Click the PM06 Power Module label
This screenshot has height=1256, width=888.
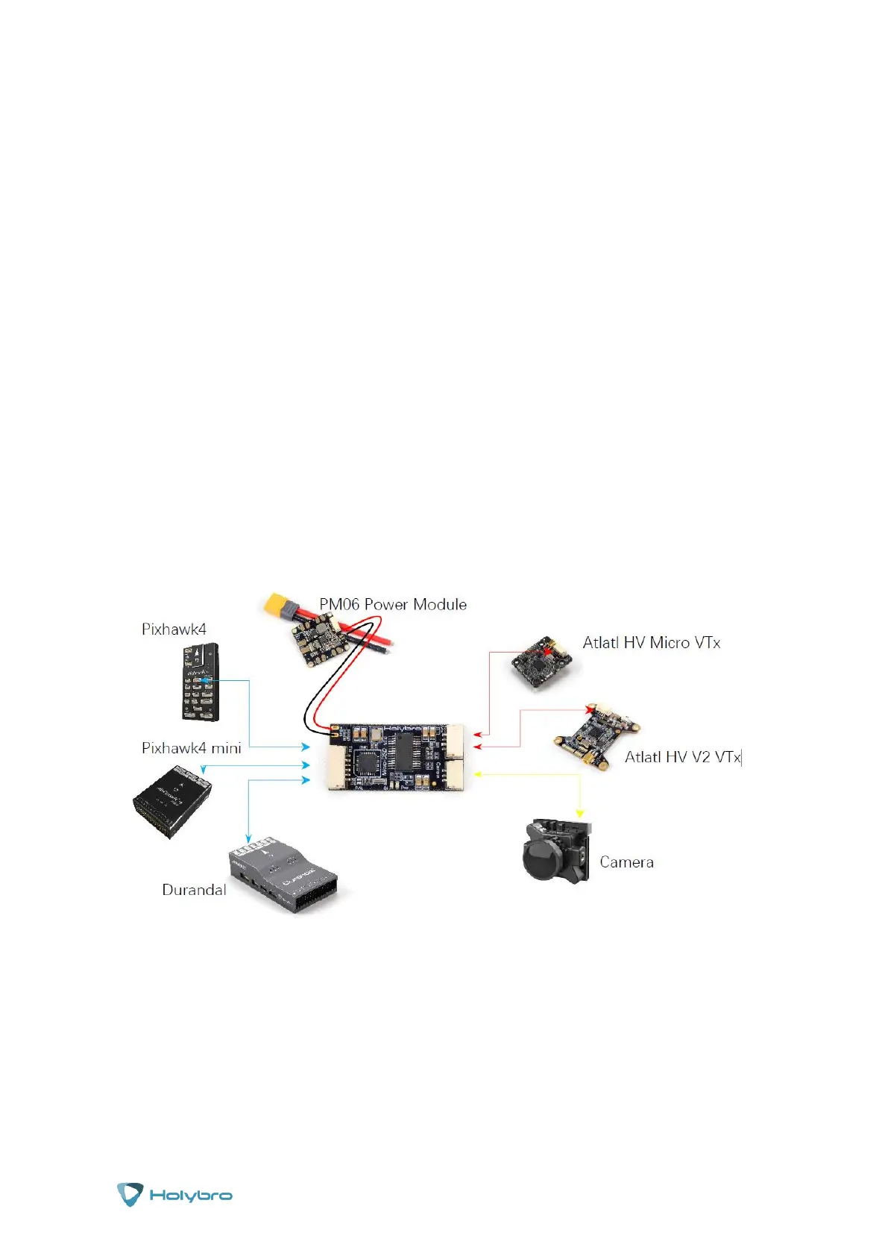pos(393,604)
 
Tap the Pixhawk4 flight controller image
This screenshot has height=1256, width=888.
pos(200,682)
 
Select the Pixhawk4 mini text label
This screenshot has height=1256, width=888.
pos(191,748)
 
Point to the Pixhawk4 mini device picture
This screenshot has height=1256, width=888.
pos(172,801)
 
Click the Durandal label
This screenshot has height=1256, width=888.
pos(194,890)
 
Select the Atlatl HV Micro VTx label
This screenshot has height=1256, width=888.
pos(651,643)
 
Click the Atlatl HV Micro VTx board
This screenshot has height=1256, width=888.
pos(541,662)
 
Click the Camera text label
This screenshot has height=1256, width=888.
pos(626,862)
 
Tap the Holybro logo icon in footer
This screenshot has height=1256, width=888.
pos(130,1194)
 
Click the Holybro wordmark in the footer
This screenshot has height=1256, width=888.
pos(191,1195)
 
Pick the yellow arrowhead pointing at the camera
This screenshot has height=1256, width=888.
pos(579,813)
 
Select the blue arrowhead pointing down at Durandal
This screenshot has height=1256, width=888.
pos(248,838)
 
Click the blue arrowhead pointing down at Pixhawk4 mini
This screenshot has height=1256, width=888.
pos(203,769)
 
